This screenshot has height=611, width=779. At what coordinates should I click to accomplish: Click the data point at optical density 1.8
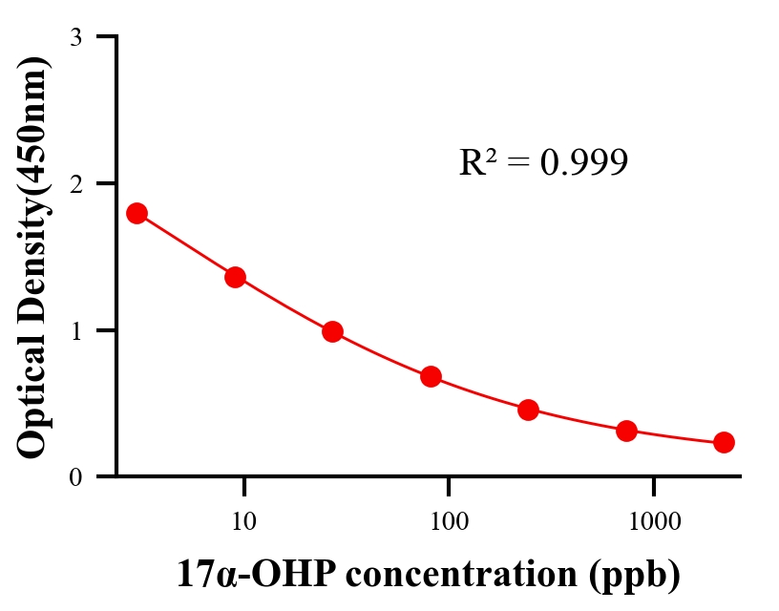pyautogui.click(x=137, y=213)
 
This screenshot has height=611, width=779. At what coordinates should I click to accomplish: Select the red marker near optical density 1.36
pyautogui.click(x=235, y=277)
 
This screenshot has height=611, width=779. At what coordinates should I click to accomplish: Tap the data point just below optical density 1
pyautogui.click(x=332, y=331)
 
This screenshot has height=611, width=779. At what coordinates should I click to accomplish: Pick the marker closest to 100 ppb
pyautogui.click(x=431, y=376)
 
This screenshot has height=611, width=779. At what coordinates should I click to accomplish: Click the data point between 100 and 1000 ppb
pyautogui.click(x=528, y=411)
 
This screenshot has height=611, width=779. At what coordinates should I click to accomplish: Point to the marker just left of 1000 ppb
pyautogui.click(x=626, y=431)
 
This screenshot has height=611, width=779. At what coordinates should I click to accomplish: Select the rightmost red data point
pyautogui.click(x=724, y=442)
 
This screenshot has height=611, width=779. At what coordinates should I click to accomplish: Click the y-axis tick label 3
pyautogui.click(x=76, y=37)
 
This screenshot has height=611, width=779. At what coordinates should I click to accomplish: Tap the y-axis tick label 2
pyautogui.click(x=76, y=183)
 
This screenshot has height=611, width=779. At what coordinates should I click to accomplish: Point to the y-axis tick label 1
pyautogui.click(x=76, y=330)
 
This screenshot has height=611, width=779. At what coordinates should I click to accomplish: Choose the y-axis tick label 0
pyautogui.click(x=76, y=476)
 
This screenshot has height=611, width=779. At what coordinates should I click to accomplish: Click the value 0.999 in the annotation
pyautogui.click(x=584, y=163)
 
